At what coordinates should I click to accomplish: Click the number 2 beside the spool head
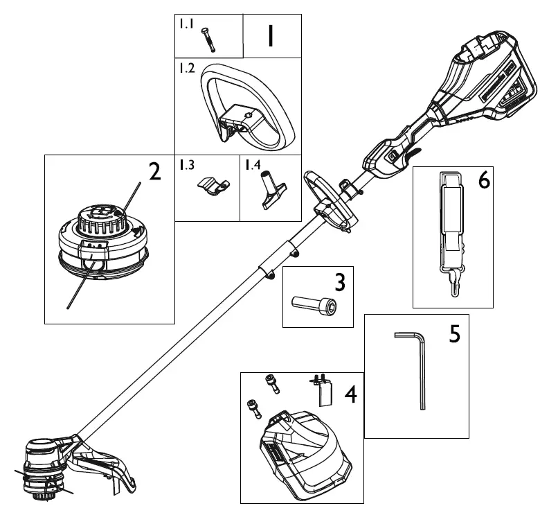[155, 172]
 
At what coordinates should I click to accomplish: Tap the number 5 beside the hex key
[454, 333]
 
